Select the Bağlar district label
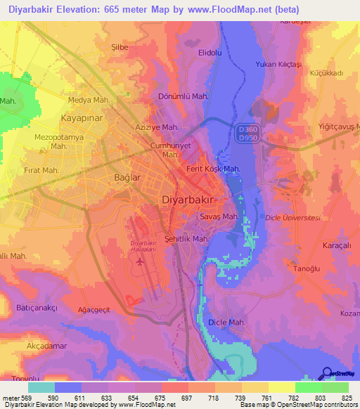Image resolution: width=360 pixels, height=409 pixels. (x=127, y=178)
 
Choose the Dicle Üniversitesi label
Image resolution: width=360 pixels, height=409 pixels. (x=293, y=219)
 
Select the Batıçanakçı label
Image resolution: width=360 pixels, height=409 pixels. (x=37, y=308)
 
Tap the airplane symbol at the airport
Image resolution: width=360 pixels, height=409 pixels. (x=139, y=262)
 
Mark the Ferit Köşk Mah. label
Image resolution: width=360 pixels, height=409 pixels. (x=213, y=169)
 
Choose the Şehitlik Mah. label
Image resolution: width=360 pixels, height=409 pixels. (x=186, y=239)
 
